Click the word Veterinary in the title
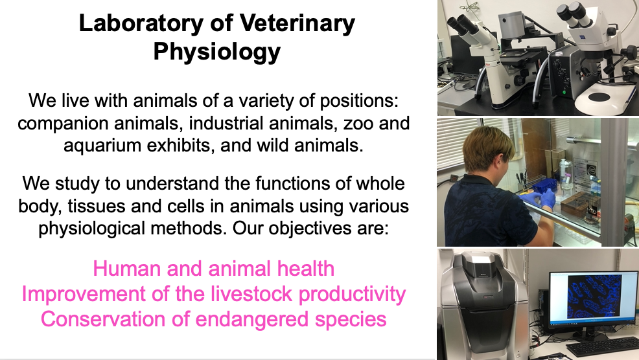tap(297, 23)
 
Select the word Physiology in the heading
tap(217, 52)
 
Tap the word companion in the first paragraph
tap(63, 124)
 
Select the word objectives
tap(310, 228)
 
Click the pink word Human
tap(127, 269)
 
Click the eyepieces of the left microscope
tap(464, 25)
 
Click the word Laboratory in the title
tap(141, 23)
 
